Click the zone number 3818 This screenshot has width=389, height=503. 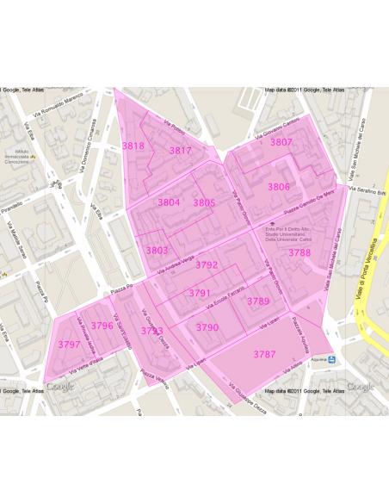tap(133, 146)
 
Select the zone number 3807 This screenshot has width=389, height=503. tap(281, 142)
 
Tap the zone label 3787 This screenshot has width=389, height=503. tap(264, 354)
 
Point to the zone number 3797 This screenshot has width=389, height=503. tap(69, 344)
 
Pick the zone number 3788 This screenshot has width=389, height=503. tap(299, 252)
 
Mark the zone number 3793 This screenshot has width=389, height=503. tap(151, 331)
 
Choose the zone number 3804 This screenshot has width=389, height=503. tap(169, 202)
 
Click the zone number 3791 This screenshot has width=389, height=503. tap(200, 293)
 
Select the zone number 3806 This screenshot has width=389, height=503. tap(278, 187)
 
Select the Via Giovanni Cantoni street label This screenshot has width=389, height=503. tap(276, 131)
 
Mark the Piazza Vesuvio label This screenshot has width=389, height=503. tap(153, 376)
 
